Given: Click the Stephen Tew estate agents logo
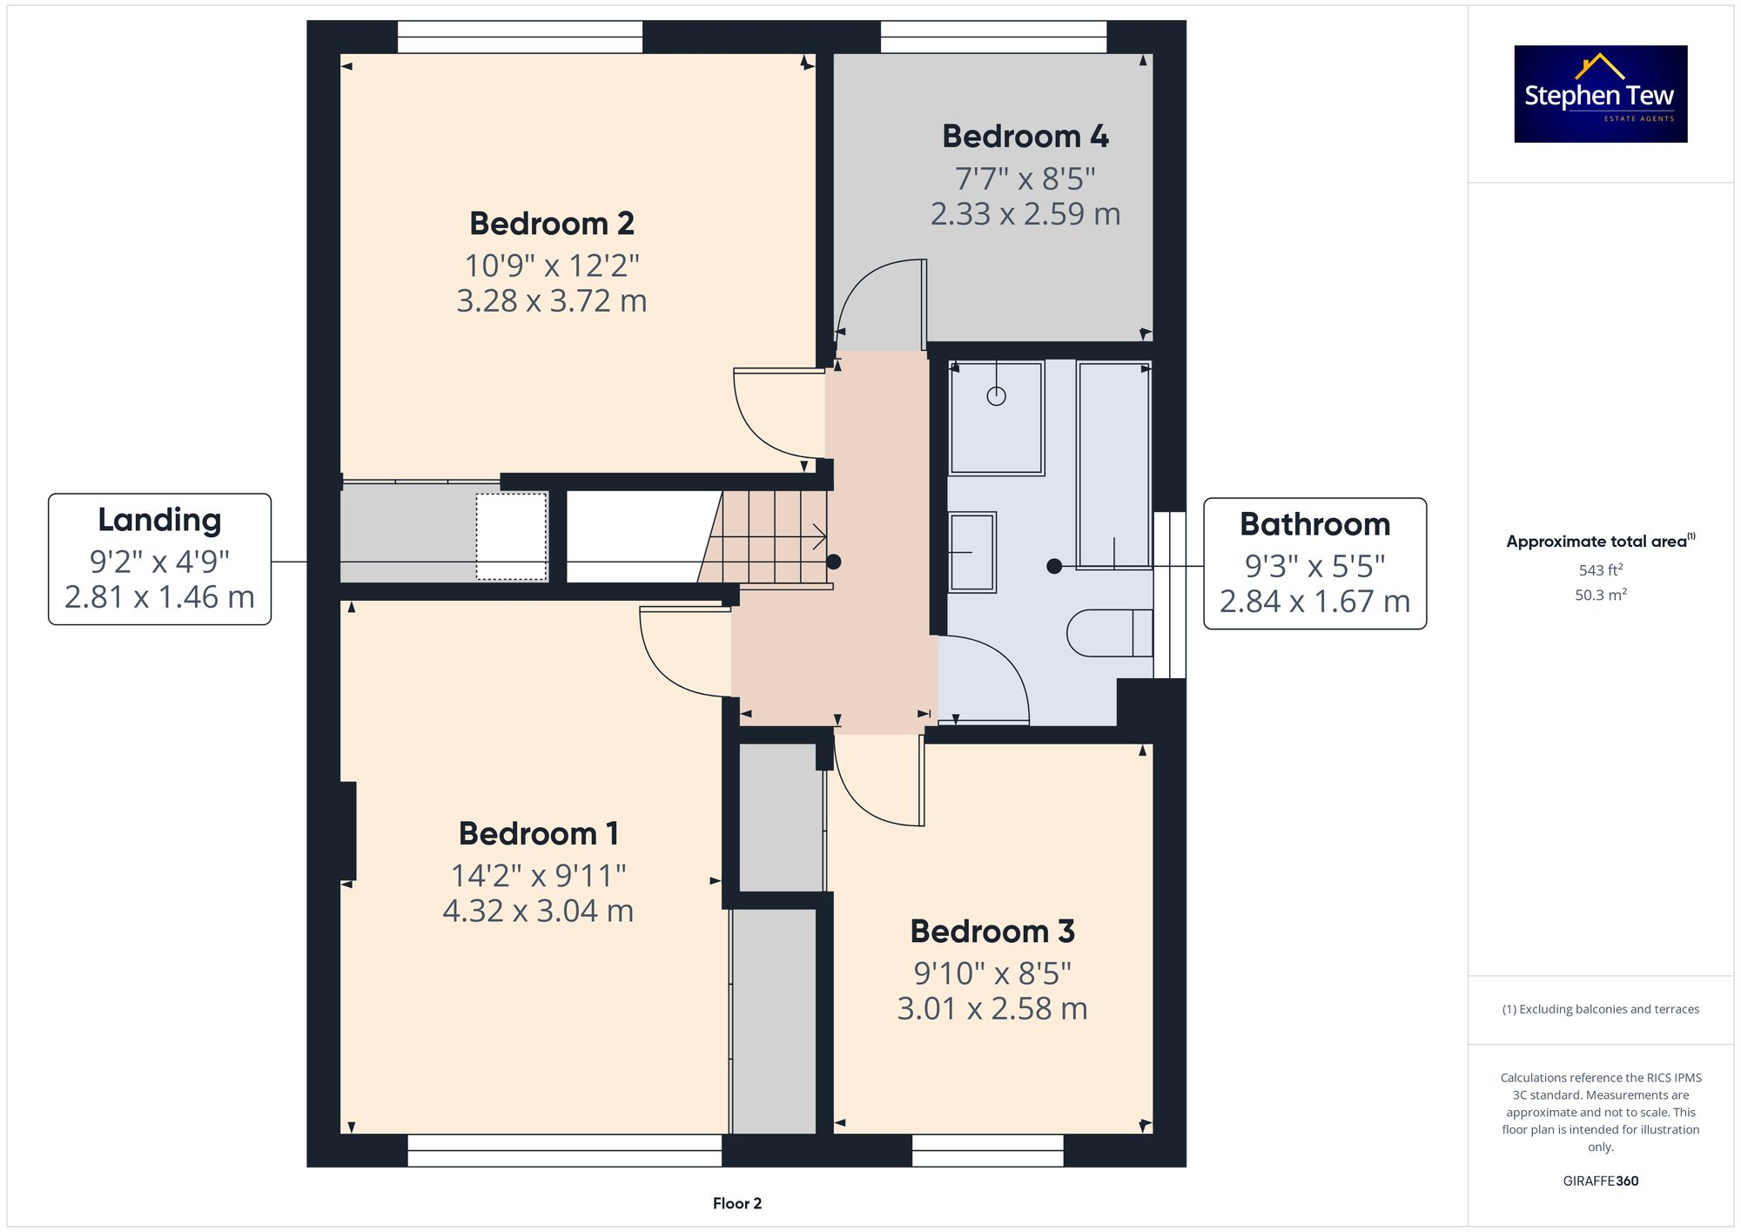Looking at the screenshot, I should tap(1600, 94).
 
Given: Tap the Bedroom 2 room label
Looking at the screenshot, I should tap(551, 224).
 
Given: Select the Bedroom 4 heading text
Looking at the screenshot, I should tap(1025, 137).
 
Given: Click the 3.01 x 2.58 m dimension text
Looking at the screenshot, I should tap(991, 1008).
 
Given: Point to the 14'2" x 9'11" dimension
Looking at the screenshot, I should tap(538, 875).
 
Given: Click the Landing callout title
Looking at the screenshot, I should tap(159, 520).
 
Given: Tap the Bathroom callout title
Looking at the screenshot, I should tap(1314, 524).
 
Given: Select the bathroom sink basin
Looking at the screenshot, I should tap(971, 552).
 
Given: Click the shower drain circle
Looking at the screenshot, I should tap(996, 396).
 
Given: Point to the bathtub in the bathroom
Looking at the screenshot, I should tap(1113, 465).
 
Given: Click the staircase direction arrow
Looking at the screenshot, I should tap(819, 536).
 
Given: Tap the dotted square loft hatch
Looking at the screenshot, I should tap(511, 536).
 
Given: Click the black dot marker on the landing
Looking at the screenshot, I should tap(833, 562).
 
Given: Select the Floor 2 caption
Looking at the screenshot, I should tap(736, 1203).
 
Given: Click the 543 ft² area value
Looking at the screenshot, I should tap(1600, 570).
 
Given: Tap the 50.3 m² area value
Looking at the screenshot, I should tap(1600, 595).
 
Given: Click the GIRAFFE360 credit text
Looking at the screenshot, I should tap(1600, 1181).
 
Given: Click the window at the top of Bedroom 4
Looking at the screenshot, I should tap(993, 37).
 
